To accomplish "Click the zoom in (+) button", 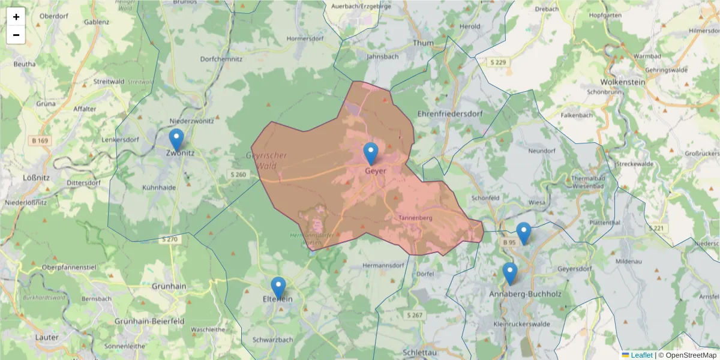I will (x=16, y=17).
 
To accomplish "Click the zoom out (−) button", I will (x=16, y=35).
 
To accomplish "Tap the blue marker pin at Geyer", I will (x=371, y=154).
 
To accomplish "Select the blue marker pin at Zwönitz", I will (x=176, y=140).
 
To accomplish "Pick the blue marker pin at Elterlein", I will (x=278, y=287).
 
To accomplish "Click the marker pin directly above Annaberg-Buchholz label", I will (x=509, y=274).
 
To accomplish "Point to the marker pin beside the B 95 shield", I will (x=524, y=233).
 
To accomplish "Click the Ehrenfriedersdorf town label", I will (x=450, y=113).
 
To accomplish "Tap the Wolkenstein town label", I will (x=623, y=82).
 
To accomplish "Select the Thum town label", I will (x=423, y=43).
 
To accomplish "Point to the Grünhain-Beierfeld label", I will (x=149, y=321).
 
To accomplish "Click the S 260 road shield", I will (x=238, y=175).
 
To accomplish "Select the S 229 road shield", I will (x=498, y=62).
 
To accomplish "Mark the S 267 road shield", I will (x=415, y=315).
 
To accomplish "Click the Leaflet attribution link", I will (x=641, y=355).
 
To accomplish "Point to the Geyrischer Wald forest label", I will (x=266, y=160).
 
